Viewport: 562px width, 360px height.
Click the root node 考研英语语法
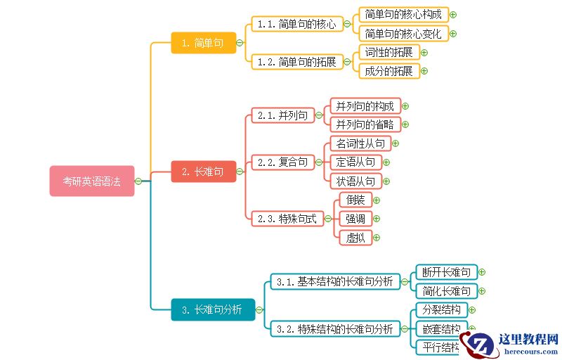pos(91,181)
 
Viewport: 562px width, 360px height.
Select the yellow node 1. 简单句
pos(203,43)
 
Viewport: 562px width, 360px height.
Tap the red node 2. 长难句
pos(203,172)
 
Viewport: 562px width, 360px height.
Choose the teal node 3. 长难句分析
pos(212,309)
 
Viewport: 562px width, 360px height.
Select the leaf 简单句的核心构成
pos(403,14)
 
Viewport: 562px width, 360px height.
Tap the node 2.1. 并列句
pos(282,115)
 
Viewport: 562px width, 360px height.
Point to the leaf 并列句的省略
pos(365,124)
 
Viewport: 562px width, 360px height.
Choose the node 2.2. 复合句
pos(282,162)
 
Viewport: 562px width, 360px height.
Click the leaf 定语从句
pos(355,162)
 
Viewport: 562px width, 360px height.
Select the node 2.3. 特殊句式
pos(287,219)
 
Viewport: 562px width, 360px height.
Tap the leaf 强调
pos(355,219)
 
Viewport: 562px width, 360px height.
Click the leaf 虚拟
pos(355,238)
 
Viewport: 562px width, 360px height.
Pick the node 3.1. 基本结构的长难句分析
pos(334,282)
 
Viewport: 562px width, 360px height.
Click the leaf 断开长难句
pos(447,272)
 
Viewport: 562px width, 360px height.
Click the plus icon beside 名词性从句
pos(396,143)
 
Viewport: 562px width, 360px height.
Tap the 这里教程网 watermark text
pos(528,339)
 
